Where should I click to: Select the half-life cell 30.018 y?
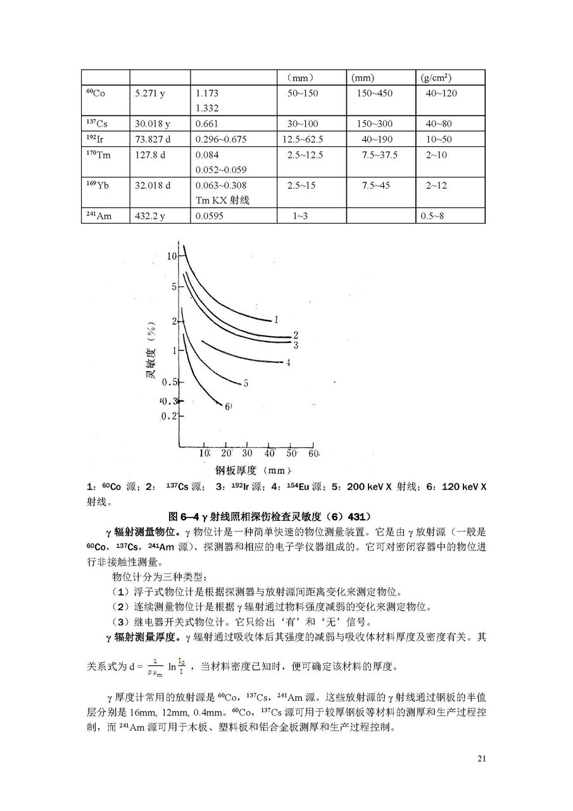click(150, 124)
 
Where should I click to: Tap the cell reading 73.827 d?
click(153, 139)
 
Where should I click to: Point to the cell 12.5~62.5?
click(305, 139)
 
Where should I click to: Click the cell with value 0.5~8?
click(433, 216)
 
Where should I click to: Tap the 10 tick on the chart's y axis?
click(172, 256)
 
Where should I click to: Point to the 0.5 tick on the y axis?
click(169, 382)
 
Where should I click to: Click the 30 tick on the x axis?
click(248, 454)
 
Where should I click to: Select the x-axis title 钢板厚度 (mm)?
click(253, 471)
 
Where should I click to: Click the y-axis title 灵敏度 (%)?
click(151, 352)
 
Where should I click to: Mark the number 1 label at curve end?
click(277, 319)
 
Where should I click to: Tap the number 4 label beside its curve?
click(287, 362)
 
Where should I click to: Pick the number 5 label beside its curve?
click(245, 383)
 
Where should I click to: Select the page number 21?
click(482, 758)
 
